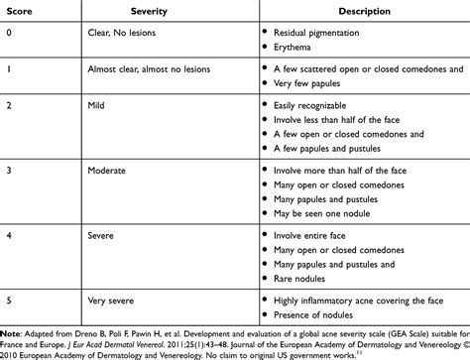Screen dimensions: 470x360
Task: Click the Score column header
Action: click(19, 13)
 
